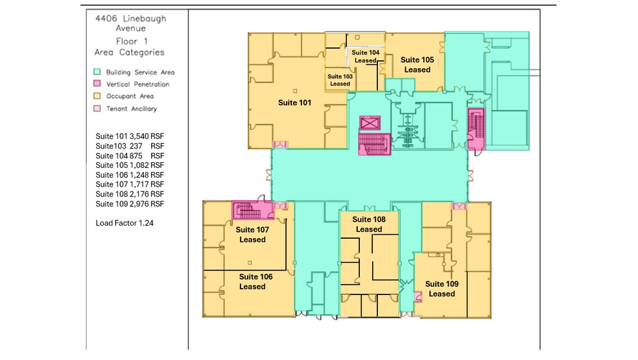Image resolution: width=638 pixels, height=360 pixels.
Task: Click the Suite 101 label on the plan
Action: click(x=294, y=102)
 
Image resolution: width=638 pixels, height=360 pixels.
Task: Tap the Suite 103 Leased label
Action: click(x=340, y=80)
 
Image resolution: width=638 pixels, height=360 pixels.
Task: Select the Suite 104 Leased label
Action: click(x=365, y=56)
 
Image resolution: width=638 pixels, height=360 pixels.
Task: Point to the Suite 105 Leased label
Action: click(x=417, y=65)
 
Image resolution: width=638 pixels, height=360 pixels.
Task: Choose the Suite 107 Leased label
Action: click(x=252, y=235)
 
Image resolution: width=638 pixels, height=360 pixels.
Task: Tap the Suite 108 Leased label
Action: click(x=369, y=224)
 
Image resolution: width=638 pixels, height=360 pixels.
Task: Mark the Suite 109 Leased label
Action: click(x=442, y=289)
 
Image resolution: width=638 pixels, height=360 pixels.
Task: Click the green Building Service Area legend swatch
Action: click(x=97, y=72)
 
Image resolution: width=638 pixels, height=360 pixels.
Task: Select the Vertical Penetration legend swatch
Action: click(x=97, y=84)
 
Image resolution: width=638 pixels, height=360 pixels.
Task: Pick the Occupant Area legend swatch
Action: click(x=97, y=97)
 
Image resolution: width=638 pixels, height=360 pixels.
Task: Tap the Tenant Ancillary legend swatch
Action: click(x=97, y=109)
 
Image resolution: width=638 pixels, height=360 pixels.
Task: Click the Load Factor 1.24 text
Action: click(x=124, y=222)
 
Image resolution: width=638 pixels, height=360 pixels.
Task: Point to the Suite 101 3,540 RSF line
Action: click(x=130, y=137)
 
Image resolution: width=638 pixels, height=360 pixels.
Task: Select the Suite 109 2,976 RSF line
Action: click(x=130, y=204)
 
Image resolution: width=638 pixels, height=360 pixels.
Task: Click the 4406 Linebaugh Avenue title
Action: click(x=130, y=23)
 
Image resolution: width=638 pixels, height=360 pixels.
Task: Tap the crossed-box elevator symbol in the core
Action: click(x=370, y=123)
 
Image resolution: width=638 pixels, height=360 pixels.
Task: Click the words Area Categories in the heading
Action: click(x=130, y=53)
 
